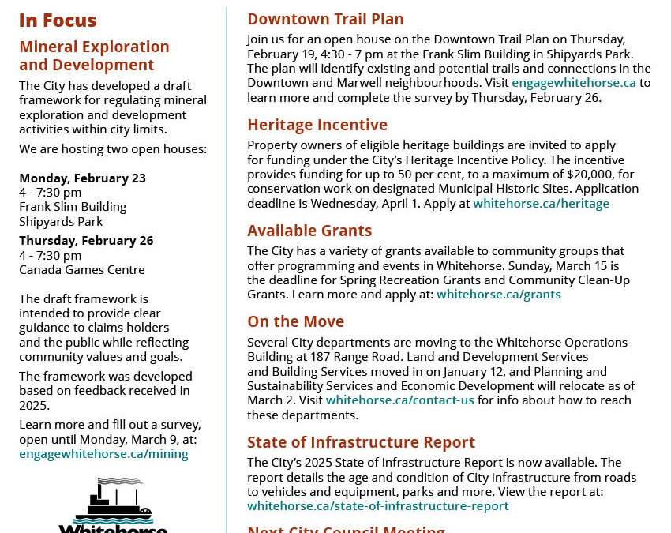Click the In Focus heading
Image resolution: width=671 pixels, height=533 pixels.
pyautogui.click(x=58, y=21)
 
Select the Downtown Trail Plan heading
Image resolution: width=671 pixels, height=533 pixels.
pyautogui.click(x=325, y=19)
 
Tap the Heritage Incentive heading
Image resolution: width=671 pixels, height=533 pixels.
pyautogui.click(x=317, y=125)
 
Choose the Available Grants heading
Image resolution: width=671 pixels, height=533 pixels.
pyautogui.click(x=309, y=231)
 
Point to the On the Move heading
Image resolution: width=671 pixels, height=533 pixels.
pyautogui.click(x=295, y=321)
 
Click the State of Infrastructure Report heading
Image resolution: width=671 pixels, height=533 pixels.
pyautogui.click(x=361, y=442)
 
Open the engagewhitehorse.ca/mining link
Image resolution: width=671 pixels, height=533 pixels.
pyautogui.click(x=103, y=453)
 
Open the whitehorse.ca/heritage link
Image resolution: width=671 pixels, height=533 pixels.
pyautogui.click(x=541, y=203)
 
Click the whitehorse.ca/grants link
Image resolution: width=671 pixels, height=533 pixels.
pyautogui.click(x=498, y=294)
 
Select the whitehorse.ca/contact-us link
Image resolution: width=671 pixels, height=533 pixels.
pyautogui.click(x=399, y=400)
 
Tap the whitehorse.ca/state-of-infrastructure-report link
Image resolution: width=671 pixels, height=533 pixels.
pyautogui.click(x=377, y=505)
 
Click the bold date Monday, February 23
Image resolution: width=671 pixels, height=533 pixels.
pyautogui.click(x=82, y=178)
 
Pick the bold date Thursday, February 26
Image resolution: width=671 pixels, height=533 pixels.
pyautogui.click(x=86, y=240)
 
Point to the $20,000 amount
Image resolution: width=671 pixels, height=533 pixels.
pyautogui.click(x=590, y=174)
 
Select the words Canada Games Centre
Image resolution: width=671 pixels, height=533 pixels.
pyautogui.click(x=82, y=269)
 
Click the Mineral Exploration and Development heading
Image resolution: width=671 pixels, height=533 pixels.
pyautogui.click(x=94, y=56)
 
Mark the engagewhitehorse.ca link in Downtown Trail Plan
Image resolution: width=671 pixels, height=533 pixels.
pyautogui.click(x=573, y=83)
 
